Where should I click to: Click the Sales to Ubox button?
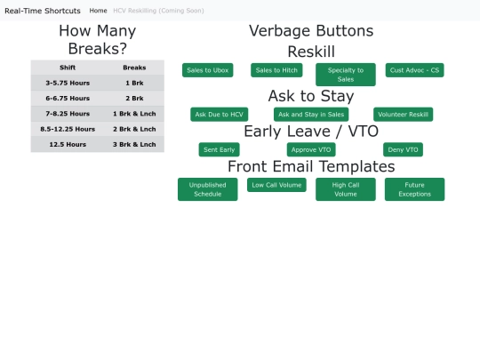point(207,70)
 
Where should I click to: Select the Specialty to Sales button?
point(346,75)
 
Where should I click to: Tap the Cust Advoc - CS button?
point(414,70)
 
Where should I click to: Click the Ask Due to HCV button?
point(220,114)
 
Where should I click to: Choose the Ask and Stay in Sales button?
point(311,114)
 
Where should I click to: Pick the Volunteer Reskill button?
point(404,114)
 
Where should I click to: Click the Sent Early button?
point(220,149)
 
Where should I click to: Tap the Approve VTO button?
point(311,149)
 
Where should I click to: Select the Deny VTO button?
point(403,149)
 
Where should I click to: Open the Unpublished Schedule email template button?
point(207,189)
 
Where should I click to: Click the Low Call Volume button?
point(276,185)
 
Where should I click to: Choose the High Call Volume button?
point(346,189)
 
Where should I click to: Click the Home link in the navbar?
point(99,11)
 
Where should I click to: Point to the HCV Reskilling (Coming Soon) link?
point(158,11)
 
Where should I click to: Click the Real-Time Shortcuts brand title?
point(43,11)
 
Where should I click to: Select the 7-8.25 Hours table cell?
point(68,114)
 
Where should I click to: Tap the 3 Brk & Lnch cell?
point(134,144)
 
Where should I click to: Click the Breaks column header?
point(134,68)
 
